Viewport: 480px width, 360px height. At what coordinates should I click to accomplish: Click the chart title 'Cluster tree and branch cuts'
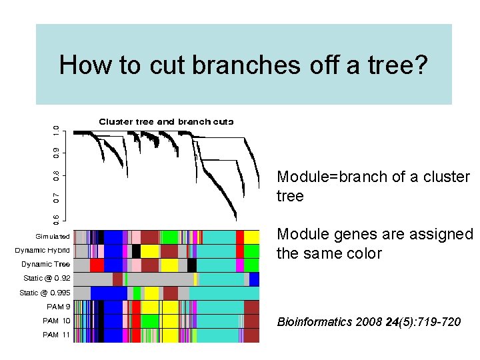pos(166,121)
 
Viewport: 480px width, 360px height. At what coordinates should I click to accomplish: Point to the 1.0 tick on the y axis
pos(57,131)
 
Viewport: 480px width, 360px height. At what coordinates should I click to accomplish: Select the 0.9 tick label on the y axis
pos(57,153)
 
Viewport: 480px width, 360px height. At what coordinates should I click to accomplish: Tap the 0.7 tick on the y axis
pos(57,197)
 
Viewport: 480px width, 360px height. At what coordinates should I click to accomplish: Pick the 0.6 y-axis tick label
pos(57,218)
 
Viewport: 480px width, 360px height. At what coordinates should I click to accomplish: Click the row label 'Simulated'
pos(53,237)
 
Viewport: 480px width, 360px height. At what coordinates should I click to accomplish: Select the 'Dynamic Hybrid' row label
pos(43,251)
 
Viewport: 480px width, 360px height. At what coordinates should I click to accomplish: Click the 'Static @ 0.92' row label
pos(47,279)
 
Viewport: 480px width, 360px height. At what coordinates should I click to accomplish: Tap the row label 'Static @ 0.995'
pos(45,293)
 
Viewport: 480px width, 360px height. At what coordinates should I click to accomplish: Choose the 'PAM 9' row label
pos(58,307)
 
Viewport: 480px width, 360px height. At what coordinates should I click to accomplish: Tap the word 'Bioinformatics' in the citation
pos(314,322)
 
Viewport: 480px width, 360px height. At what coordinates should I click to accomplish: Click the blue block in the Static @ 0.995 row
pos(109,293)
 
